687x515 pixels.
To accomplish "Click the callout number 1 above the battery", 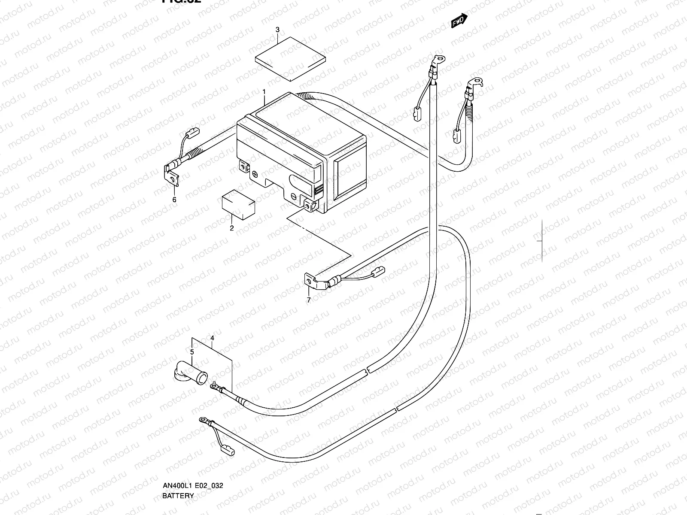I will pyautogui.click(x=264, y=92).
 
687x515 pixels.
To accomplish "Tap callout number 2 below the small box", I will pyautogui.click(x=232, y=228).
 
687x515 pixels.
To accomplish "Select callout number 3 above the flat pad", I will pyautogui.click(x=277, y=30).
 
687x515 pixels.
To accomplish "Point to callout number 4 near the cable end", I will pyautogui.click(x=212, y=338).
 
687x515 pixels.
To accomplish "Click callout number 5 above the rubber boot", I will pyautogui.click(x=192, y=352).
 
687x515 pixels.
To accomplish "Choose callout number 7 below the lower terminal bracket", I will pyautogui.click(x=308, y=300).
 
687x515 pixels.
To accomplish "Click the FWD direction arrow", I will pyautogui.click(x=459, y=21).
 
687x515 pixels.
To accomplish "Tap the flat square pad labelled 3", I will pyautogui.click(x=290, y=58).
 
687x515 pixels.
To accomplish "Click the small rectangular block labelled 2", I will pyautogui.click(x=237, y=204).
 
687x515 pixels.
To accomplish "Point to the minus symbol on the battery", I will pyautogui.click(x=293, y=196).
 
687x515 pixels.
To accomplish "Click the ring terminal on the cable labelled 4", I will pyautogui.click(x=213, y=387).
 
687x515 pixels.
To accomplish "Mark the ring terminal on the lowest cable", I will pyautogui.click(x=202, y=420).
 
